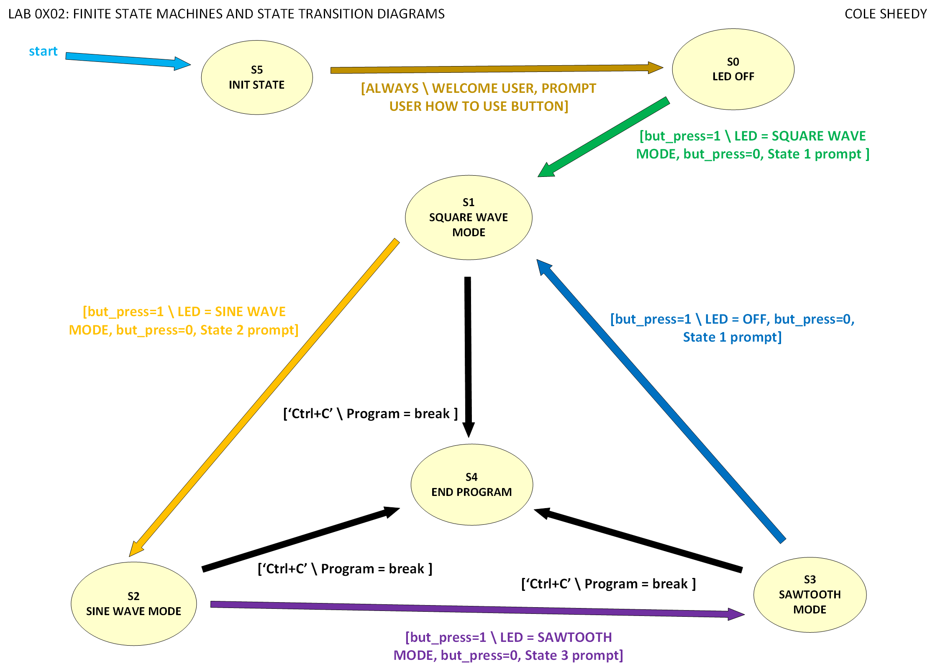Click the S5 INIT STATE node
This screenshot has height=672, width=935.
click(x=256, y=77)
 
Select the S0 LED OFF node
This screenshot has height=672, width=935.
click(x=733, y=69)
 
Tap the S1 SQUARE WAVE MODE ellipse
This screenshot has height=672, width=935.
click(x=469, y=217)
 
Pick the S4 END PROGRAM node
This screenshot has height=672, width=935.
click(x=471, y=485)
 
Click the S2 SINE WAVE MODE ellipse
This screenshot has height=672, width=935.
click(x=133, y=604)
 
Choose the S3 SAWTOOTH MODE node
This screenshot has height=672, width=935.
click(x=809, y=595)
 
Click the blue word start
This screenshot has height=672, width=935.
click(x=43, y=51)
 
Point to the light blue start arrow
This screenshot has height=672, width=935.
click(x=126, y=60)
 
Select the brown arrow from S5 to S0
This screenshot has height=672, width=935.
click(x=494, y=69)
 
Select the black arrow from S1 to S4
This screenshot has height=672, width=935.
click(x=468, y=355)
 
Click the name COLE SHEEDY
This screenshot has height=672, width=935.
click(x=886, y=14)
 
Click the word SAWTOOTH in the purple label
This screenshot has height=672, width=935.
click(x=574, y=637)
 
